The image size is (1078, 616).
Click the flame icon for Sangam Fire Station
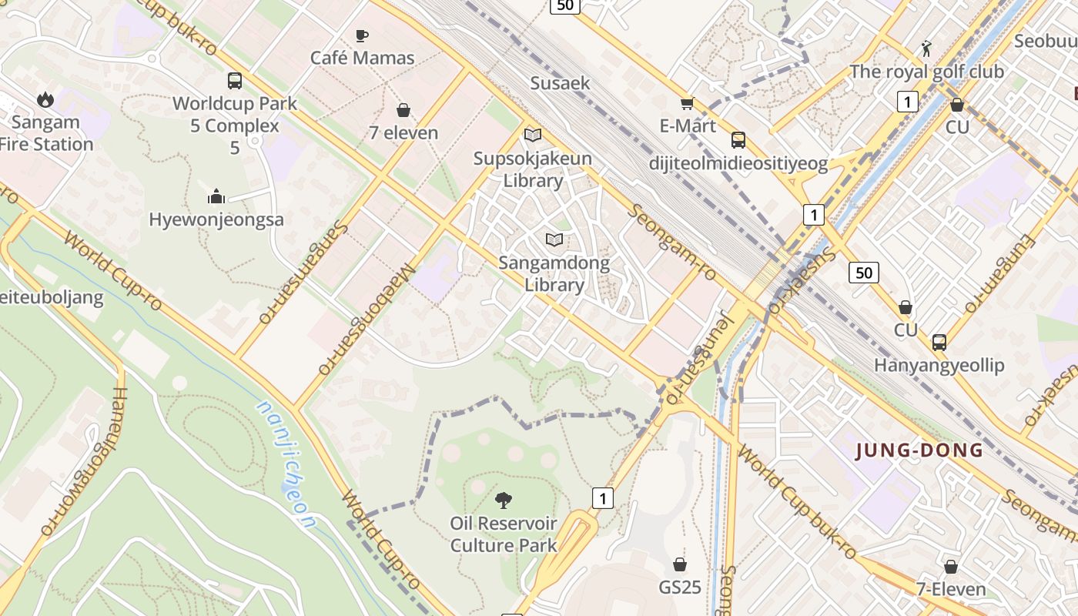(x=45, y=99)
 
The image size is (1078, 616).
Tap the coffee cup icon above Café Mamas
(x=361, y=35)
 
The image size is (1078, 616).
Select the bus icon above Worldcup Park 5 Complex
(x=235, y=81)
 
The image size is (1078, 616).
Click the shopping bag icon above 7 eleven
(x=403, y=111)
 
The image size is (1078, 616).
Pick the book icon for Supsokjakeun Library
(x=532, y=136)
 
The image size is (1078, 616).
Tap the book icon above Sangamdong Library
(x=554, y=239)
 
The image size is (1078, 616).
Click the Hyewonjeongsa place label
(x=216, y=219)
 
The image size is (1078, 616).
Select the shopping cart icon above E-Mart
(x=687, y=103)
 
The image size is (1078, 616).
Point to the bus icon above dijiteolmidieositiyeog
(x=738, y=140)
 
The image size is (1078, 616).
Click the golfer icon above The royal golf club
(x=926, y=49)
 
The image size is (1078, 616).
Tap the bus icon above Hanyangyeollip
(x=939, y=343)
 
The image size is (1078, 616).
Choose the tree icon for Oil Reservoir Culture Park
(x=504, y=500)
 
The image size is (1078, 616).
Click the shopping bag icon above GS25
(x=679, y=564)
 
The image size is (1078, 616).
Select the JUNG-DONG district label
(x=919, y=450)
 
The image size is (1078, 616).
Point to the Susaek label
(x=560, y=83)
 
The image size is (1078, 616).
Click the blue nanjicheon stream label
(x=286, y=465)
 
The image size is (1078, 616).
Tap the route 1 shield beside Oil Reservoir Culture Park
(x=602, y=498)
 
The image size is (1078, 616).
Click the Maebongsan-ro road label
(x=367, y=320)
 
